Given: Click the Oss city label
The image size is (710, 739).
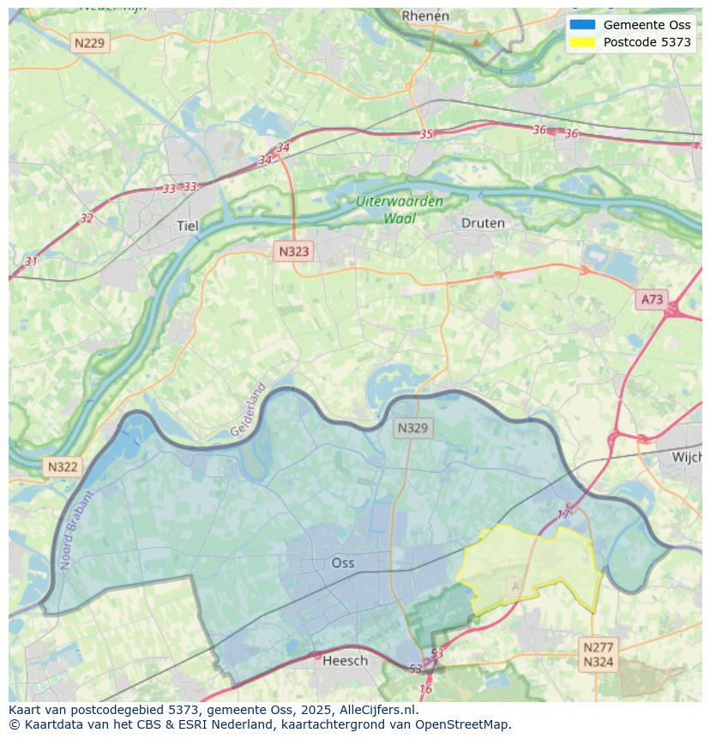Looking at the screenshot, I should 342,563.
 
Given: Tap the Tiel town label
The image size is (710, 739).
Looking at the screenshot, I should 186,227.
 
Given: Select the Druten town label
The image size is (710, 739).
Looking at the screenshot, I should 483,223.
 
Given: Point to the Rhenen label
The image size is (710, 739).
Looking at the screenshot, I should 425,15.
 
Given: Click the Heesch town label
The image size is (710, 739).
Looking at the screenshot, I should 345,660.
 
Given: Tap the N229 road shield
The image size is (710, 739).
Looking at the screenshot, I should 90,43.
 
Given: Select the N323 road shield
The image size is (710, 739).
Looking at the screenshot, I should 293,251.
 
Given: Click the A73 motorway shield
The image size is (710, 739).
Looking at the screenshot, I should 652,300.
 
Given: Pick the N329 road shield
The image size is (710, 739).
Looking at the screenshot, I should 412,428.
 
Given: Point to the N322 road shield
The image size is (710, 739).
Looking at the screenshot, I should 63,467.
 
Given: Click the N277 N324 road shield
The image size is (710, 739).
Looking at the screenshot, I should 598,654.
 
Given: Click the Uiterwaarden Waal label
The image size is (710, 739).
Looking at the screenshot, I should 400,210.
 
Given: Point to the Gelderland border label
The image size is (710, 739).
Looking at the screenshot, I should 248,410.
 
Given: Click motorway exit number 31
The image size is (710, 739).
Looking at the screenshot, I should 32,262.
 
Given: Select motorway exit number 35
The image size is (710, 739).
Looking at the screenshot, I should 426,134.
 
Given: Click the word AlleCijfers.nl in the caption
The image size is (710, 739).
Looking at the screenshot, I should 376,710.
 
